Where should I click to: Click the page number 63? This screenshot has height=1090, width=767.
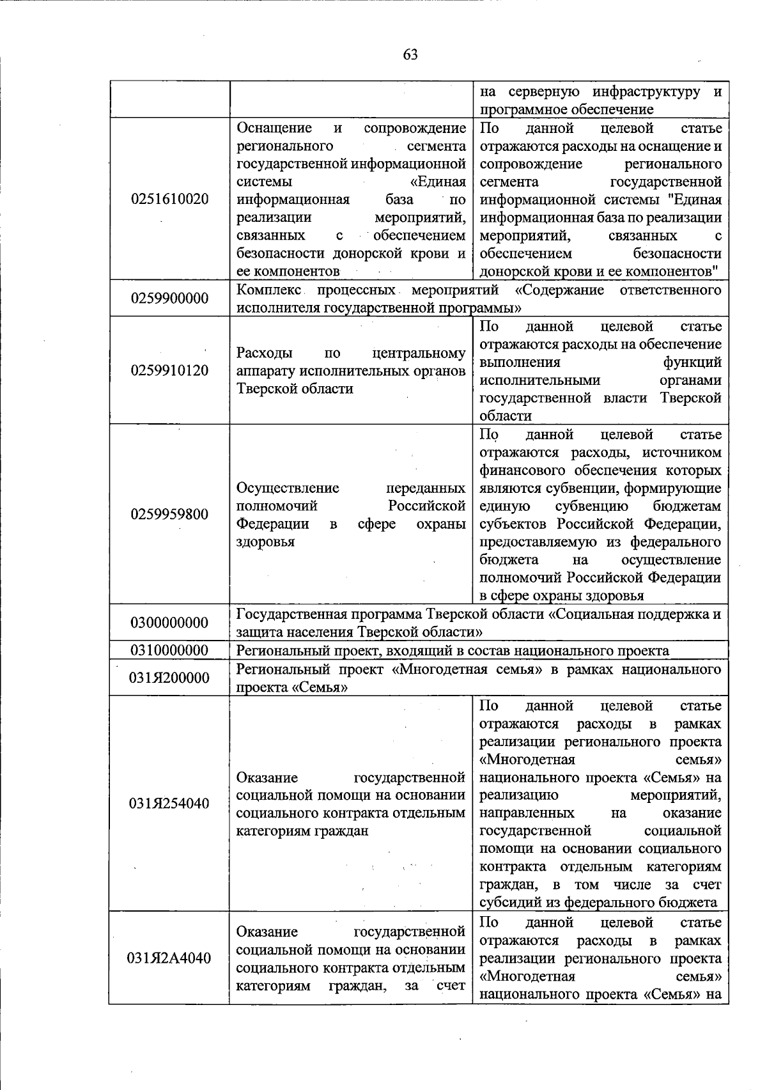point(410,54)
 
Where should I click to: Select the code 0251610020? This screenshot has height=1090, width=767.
point(169,199)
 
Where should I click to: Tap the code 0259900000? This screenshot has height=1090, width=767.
point(169,299)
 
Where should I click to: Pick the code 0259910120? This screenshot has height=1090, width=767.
point(169,371)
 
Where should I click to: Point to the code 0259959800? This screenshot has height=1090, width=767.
point(169,515)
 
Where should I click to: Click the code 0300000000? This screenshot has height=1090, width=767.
point(169,623)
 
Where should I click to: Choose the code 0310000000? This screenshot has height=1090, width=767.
point(169,651)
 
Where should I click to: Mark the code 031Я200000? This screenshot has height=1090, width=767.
point(169,678)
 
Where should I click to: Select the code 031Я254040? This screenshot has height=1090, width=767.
point(169,804)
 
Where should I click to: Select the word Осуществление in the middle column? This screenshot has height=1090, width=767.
point(288,488)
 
